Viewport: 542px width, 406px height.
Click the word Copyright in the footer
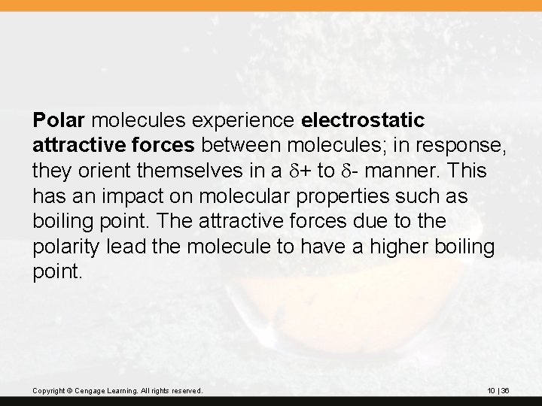tap(49, 391)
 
